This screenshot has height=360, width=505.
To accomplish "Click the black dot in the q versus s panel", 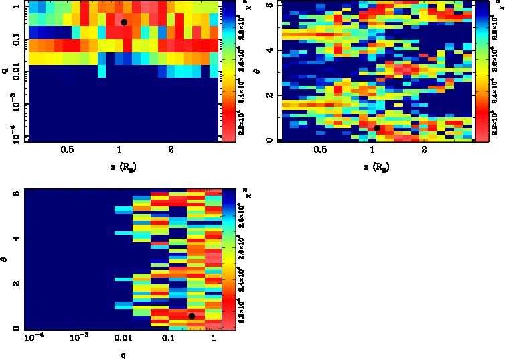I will [x=124, y=22].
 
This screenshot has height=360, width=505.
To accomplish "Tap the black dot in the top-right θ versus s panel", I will [x=377, y=128].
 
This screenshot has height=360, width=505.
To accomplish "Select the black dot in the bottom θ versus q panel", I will [x=192, y=316].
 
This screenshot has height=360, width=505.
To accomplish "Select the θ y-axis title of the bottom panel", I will [x=7, y=257].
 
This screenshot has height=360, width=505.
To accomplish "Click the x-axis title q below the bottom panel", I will [x=124, y=355].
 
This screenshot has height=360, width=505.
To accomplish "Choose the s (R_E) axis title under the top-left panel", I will [x=123, y=165].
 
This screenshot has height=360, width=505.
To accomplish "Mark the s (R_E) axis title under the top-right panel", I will [x=376, y=165].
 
